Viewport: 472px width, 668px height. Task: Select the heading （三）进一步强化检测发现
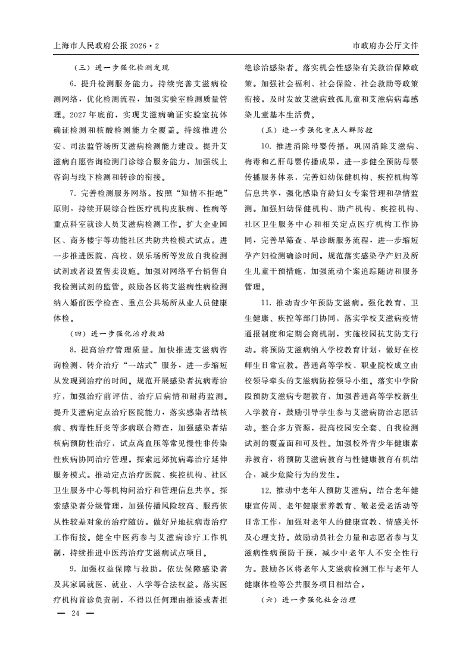coord(123,67)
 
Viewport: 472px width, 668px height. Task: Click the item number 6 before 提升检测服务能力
coord(71,83)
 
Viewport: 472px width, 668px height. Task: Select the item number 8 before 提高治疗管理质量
coord(71,349)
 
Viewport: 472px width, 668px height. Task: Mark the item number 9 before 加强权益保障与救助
coord(71,569)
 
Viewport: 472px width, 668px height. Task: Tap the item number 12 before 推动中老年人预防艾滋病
coord(265,491)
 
